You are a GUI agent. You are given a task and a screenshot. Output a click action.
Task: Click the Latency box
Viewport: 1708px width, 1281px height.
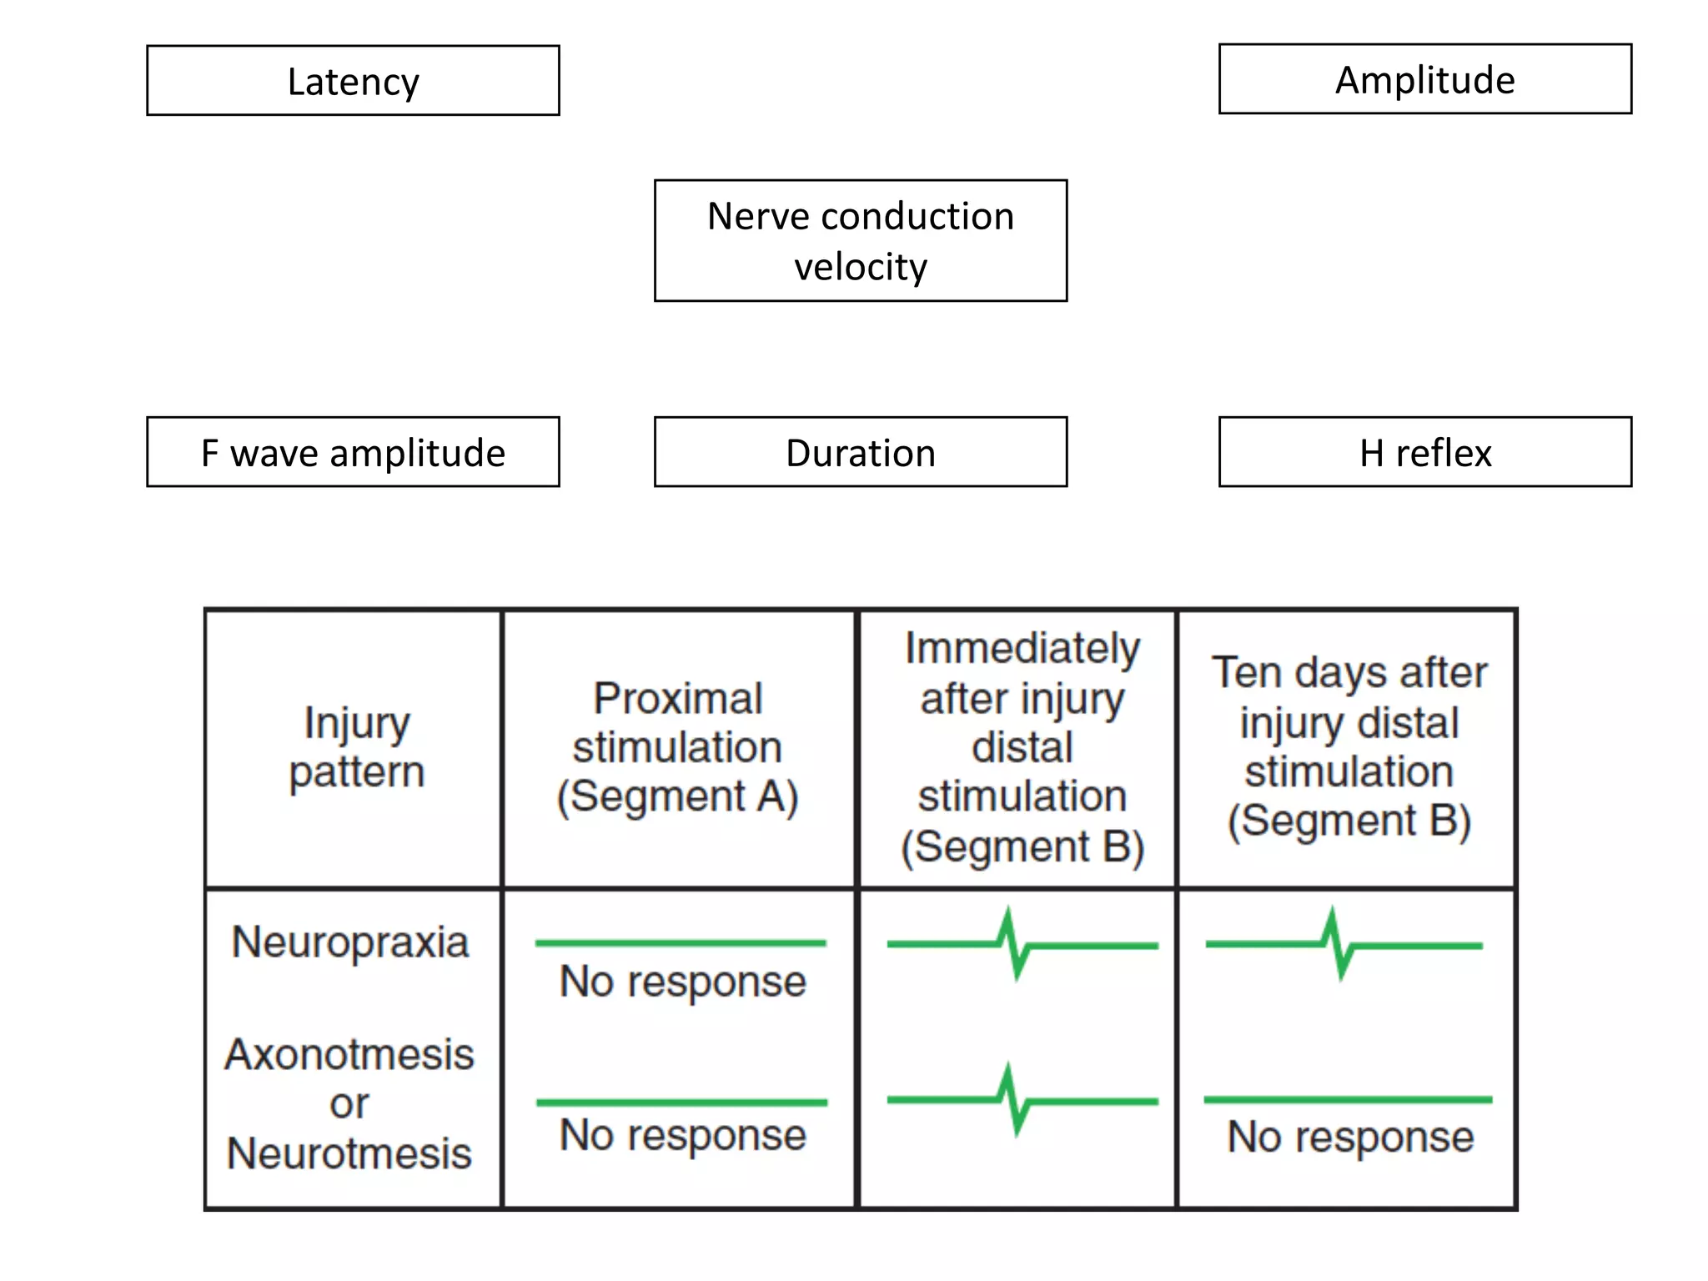[x=353, y=81]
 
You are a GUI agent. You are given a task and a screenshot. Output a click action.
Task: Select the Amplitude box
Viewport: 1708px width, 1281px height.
[x=1424, y=79]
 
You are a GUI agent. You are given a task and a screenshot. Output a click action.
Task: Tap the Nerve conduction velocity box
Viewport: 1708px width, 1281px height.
[x=860, y=240]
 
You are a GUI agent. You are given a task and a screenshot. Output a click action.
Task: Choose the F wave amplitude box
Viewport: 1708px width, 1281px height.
[x=353, y=452]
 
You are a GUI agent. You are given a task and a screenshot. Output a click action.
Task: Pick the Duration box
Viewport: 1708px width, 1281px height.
[x=860, y=452]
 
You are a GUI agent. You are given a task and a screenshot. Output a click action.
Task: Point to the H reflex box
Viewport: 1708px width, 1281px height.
[x=1424, y=452]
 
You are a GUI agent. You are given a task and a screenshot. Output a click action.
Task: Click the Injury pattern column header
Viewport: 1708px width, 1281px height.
[x=356, y=747]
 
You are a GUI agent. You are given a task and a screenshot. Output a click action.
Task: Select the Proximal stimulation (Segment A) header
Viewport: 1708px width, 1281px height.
[x=677, y=747]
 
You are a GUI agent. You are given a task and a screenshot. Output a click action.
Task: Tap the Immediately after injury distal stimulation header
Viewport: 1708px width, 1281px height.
[x=1022, y=747]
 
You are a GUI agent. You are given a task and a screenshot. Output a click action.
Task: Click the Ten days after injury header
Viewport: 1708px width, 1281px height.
[x=1349, y=747]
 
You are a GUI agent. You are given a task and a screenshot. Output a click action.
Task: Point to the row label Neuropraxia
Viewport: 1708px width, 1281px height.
[x=350, y=942]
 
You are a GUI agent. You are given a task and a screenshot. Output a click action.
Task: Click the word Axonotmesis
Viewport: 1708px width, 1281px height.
[x=349, y=1054]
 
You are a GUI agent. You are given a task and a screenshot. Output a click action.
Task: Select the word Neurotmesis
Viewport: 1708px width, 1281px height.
[x=349, y=1153]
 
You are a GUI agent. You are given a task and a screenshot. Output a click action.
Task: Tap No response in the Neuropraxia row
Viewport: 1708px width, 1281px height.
[x=682, y=982]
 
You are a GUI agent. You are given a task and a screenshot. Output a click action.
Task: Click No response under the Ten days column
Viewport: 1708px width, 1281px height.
[x=1350, y=1137]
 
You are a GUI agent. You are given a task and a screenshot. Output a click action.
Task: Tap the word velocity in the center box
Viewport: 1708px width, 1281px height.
[x=860, y=268]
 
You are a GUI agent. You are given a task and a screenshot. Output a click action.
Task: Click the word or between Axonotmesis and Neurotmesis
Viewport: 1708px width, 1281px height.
[x=349, y=1104]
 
